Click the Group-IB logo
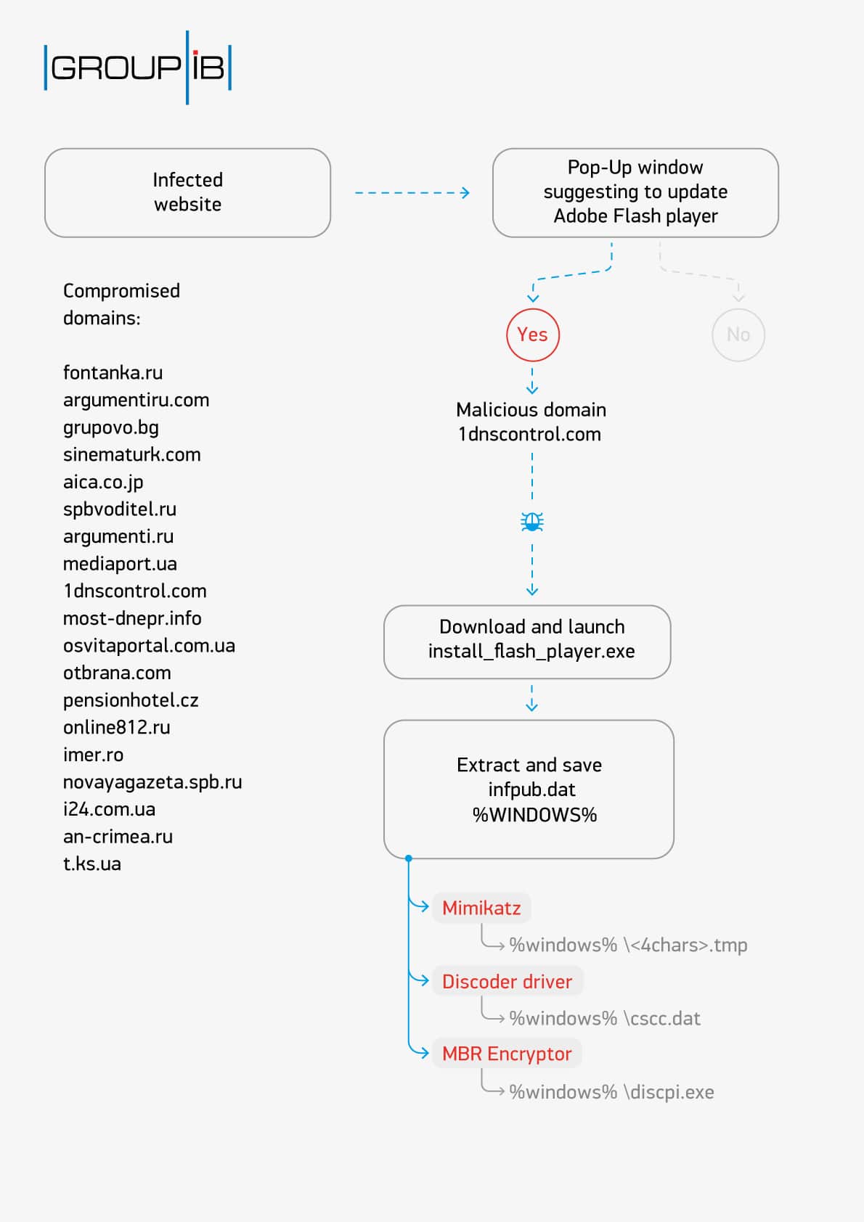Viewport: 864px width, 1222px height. point(137,67)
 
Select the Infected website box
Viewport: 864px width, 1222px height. point(187,192)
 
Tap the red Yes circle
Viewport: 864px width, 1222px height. point(532,335)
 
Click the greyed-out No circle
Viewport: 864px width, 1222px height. point(738,335)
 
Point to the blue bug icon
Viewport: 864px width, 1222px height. point(532,522)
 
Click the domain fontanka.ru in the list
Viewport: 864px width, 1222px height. point(113,373)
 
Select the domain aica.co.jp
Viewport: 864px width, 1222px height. point(103,482)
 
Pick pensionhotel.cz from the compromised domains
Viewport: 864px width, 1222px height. point(131,700)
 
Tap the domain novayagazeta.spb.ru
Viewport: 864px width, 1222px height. point(152,782)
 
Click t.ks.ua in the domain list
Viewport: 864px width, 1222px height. point(92,864)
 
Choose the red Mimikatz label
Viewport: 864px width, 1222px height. point(481,908)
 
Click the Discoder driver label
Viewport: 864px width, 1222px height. point(507,982)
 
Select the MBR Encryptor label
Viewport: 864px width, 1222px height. point(507,1054)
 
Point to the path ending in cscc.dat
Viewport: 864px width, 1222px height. point(605,1019)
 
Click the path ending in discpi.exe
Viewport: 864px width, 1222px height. point(611,1092)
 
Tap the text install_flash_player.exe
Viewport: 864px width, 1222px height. point(531,652)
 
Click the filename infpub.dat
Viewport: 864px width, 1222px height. point(531,790)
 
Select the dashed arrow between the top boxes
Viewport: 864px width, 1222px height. point(412,192)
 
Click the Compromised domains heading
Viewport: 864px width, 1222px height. point(121,304)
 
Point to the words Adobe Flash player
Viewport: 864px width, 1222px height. point(635,216)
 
